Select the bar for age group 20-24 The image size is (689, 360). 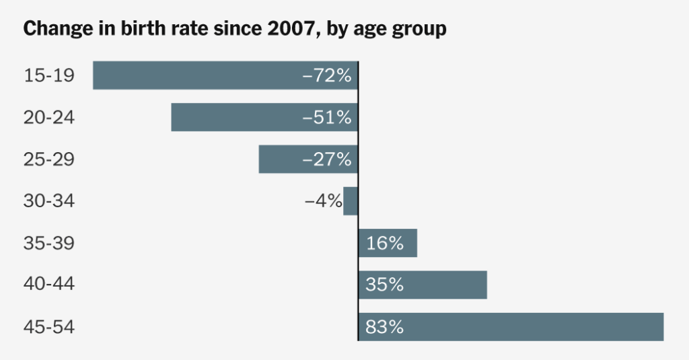235,117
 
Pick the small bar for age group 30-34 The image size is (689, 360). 351,201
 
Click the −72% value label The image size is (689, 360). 327,76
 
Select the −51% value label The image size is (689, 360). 327,118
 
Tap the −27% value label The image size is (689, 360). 327,159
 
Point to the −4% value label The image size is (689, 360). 323,201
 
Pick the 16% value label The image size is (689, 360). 384,244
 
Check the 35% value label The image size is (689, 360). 384,285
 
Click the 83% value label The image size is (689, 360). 384,328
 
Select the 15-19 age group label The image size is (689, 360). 49,76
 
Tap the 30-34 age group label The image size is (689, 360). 49,201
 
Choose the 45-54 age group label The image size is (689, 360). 49,328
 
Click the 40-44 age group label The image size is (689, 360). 49,285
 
